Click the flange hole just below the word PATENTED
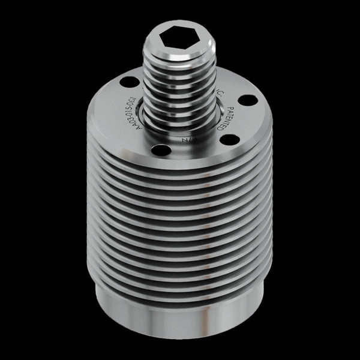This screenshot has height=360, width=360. point(227,140)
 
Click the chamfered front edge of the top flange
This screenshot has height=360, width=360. point(180,157)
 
